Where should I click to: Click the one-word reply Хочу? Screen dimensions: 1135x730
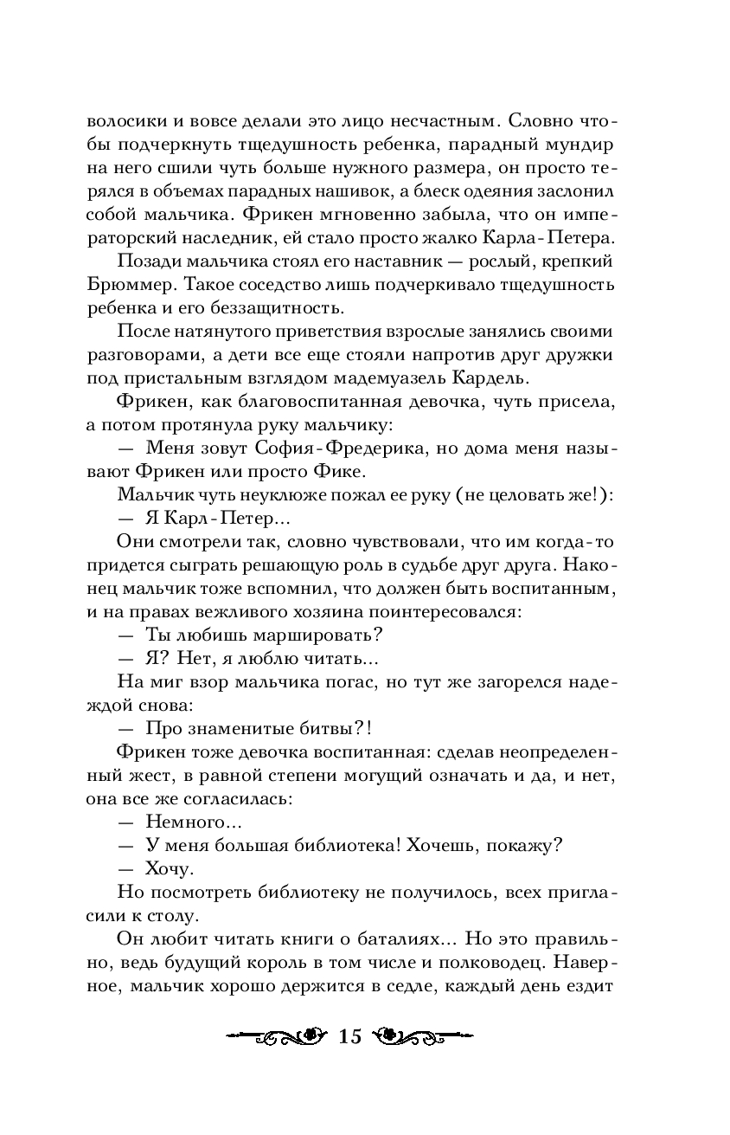coord(170,867)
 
